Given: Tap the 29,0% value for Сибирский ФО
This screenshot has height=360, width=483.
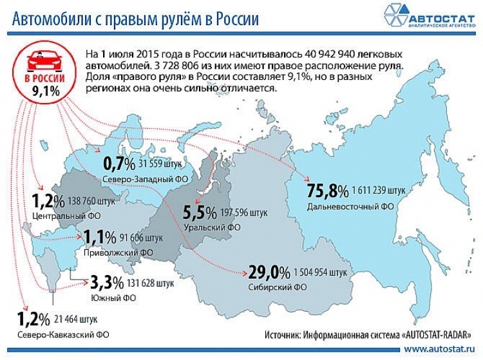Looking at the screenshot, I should (268, 271).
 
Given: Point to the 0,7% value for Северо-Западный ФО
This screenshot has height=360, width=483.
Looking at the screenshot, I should (119, 162).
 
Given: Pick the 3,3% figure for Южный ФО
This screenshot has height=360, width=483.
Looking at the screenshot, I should (105, 281).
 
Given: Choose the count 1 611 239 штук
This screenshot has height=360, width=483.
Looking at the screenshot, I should (379, 191).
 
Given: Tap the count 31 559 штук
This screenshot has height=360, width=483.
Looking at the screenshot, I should (165, 162).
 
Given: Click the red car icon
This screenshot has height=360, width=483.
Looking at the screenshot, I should (41, 62).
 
